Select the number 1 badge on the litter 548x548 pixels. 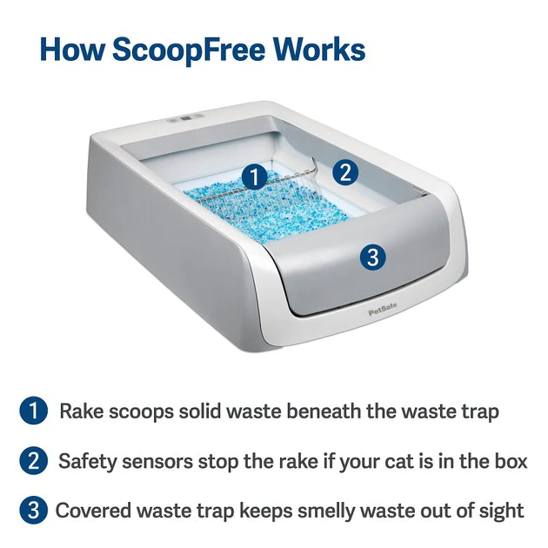(254, 177)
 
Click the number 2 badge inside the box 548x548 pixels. (345, 171)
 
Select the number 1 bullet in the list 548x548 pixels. (33, 411)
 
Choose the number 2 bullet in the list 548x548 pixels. (33, 461)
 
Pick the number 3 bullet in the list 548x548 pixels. (33, 511)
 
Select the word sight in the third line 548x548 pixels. (503, 511)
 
